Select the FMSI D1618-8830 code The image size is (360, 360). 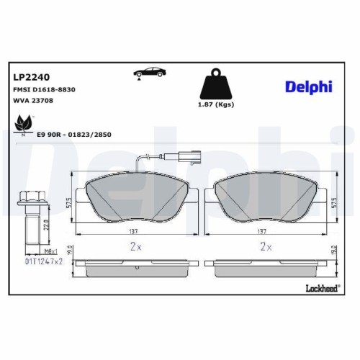tap(44, 89)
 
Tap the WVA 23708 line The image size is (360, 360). tap(33, 101)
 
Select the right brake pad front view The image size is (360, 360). tap(265, 197)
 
